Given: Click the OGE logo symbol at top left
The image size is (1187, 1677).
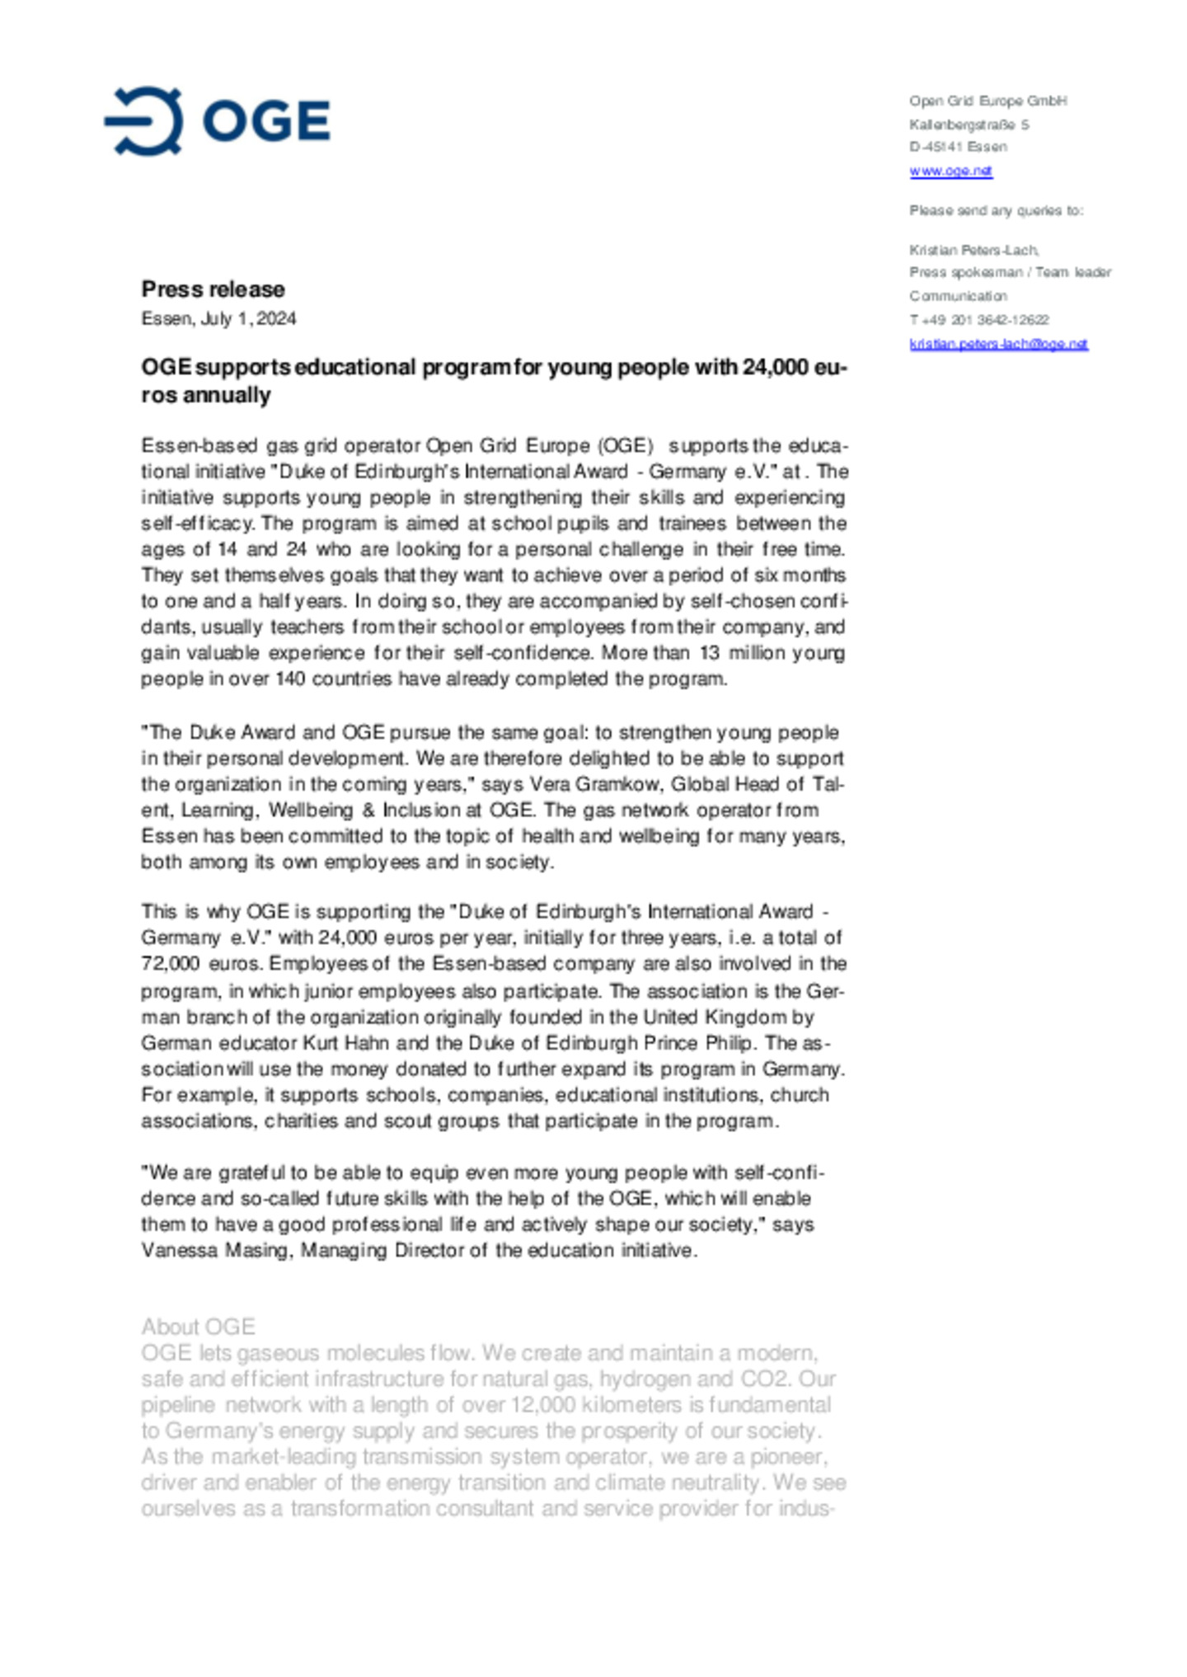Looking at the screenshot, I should click(x=144, y=121).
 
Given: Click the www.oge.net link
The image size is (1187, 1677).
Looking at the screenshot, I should click(x=950, y=171).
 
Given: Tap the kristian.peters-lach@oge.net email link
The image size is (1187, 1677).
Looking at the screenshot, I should click(x=997, y=344).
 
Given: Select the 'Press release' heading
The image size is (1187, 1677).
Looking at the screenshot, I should click(x=213, y=289).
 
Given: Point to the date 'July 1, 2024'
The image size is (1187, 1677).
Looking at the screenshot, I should click(x=248, y=319).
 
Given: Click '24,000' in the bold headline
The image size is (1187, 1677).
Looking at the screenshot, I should click(x=775, y=367).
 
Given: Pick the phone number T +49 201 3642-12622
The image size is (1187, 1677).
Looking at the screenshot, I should click(x=978, y=320).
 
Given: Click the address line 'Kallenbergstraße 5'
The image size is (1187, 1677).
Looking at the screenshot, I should click(x=968, y=124).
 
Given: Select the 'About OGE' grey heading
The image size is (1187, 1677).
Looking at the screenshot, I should click(x=198, y=1327).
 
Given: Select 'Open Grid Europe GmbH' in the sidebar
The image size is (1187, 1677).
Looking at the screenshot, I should click(x=988, y=101).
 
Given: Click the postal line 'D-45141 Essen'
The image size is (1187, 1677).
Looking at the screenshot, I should click(x=958, y=147).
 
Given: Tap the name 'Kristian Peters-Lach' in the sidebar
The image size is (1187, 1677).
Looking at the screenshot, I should click(x=973, y=250).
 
